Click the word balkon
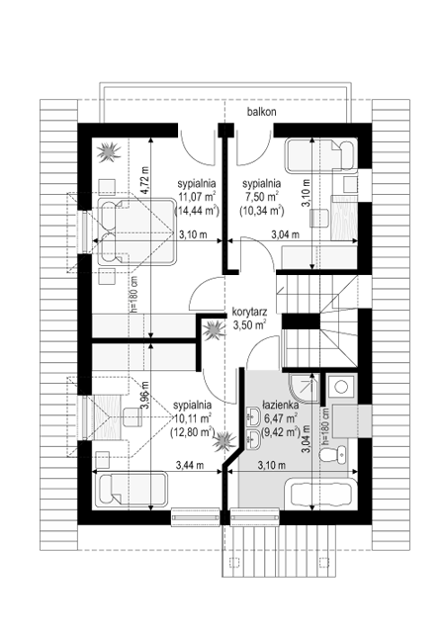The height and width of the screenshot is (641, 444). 261,111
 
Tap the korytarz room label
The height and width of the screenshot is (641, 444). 249,313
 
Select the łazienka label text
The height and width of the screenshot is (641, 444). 281,406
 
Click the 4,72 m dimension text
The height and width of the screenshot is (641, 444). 143,180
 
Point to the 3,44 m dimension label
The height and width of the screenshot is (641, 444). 190,465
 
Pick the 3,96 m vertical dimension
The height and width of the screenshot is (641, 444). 144,396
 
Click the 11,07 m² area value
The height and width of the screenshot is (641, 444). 197,197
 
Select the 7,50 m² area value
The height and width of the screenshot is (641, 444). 261,197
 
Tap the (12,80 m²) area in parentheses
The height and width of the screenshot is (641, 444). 193,431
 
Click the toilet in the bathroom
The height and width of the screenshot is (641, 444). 333,454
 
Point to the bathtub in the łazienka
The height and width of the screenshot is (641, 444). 320,494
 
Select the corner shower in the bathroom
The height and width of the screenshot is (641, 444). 303,387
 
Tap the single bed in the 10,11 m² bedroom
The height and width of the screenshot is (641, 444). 132,490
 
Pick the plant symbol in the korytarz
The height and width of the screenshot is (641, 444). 214,330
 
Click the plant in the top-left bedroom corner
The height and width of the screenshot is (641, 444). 109,151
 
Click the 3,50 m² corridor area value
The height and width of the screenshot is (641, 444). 249,324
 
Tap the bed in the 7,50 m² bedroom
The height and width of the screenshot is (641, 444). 320,155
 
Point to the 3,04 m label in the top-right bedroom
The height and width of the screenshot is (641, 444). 286,234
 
